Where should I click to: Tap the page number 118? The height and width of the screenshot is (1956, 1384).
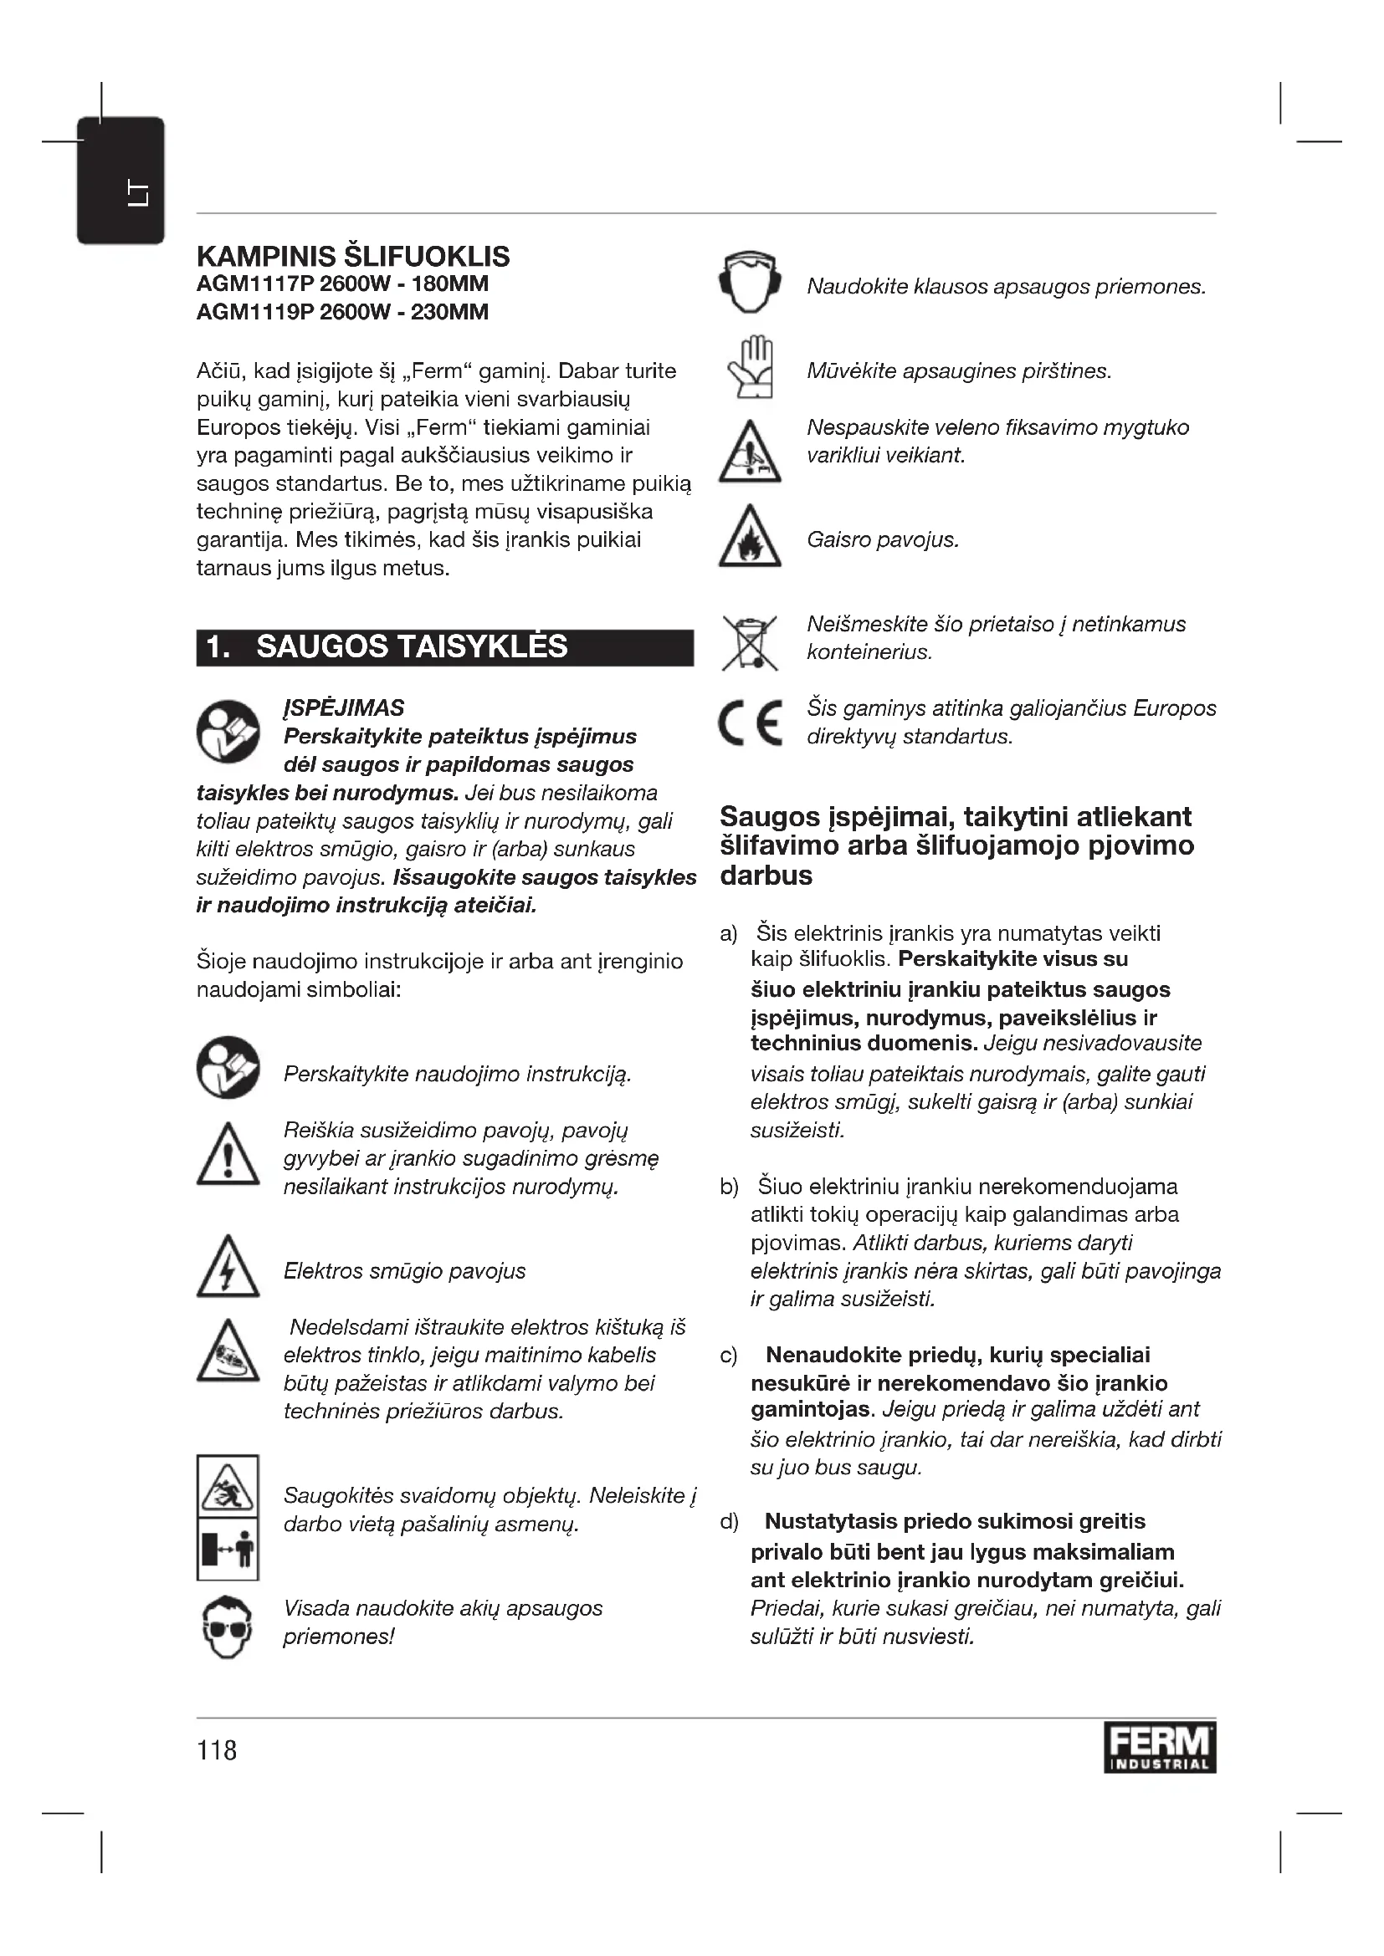point(217,1749)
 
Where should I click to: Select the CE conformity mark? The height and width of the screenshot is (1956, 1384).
point(750,723)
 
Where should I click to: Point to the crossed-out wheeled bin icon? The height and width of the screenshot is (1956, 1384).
point(749,641)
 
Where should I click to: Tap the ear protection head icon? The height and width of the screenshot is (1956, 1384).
point(749,283)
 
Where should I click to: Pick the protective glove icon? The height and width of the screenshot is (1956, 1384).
point(751,368)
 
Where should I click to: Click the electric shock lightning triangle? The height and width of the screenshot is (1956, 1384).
point(228,1269)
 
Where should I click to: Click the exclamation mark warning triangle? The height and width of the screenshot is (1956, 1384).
point(228,1157)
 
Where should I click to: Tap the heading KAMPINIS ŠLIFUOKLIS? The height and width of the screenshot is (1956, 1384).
point(353,257)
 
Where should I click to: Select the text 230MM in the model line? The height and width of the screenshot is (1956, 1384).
point(450,313)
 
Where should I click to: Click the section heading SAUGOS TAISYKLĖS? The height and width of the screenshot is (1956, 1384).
point(411,647)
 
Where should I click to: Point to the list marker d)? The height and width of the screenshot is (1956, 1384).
point(729,1521)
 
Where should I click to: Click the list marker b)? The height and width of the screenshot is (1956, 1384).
point(729,1187)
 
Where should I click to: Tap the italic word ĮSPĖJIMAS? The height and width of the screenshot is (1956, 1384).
point(343,708)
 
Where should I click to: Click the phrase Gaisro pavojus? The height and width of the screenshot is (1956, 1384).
point(882,540)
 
